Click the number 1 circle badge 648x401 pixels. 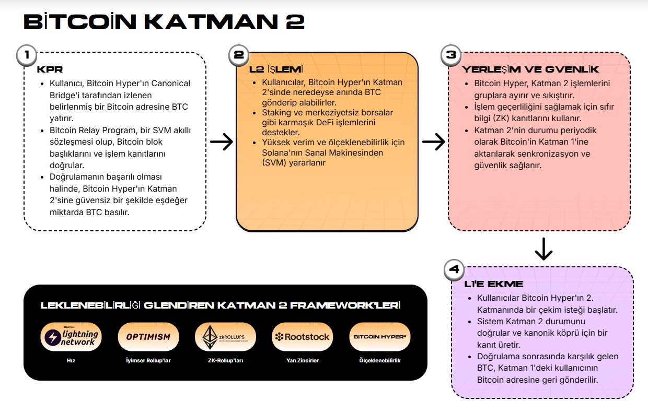click(27, 55)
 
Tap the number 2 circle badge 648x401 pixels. click(239, 55)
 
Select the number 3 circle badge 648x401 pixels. click(450, 55)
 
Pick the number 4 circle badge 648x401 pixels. click(454, 269)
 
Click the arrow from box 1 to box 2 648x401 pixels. click(222, 141)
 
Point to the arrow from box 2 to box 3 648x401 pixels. click(434, 141)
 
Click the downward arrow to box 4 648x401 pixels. click(543, 249)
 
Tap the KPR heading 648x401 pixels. click(50, 69)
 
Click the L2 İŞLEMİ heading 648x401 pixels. click(276, 69)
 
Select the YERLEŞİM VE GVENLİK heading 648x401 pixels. click(530, 69)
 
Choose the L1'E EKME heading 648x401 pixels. click(493, 284)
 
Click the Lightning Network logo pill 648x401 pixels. click(71, 337)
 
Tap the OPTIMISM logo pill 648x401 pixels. click(148, 337)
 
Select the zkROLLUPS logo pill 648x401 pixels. click(225, 337)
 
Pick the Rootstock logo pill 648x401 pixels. click(302, 337)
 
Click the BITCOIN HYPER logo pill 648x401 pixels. click(379, 337)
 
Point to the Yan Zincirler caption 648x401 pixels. click(302, 360)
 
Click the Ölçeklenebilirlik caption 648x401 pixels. click(380, 360)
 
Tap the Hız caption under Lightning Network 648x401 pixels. click(71, 360)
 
